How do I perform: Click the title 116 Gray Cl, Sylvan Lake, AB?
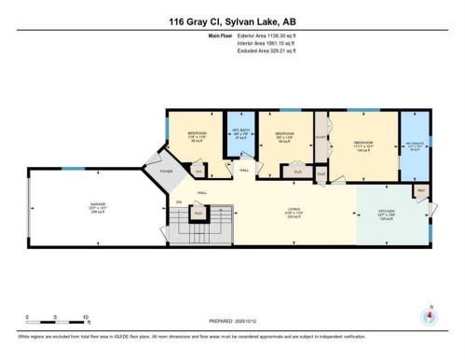click(232, 21)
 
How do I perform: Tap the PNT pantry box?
click(420, 191)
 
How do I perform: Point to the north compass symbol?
click(429, 315)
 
